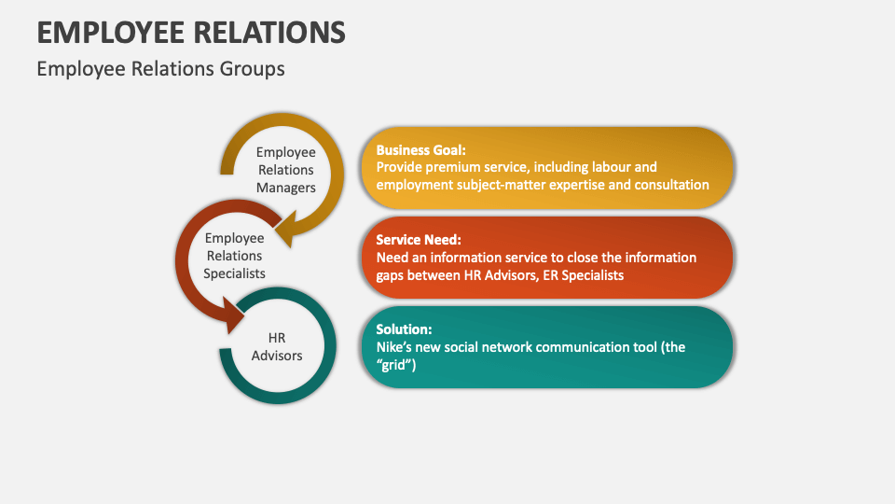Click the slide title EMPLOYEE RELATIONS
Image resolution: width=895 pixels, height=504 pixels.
tap(191, 32)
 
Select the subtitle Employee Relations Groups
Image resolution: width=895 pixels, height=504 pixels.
tap(160, 69)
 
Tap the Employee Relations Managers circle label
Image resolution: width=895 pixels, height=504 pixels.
tap(285, 170)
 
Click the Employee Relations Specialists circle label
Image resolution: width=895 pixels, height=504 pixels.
tap(234, 256)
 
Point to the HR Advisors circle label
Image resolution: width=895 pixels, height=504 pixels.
tap(277, 346)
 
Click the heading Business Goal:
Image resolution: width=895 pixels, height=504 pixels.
tap(420, 149)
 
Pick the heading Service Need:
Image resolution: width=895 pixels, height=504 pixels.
tap(419, 240)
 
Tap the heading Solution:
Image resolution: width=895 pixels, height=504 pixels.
tap(404, 329)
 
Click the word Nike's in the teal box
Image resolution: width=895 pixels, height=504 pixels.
tap(395, 347)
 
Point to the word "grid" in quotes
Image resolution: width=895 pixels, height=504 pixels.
tap(395, 365)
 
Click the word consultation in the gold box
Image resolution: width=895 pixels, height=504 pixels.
tap(668, 185)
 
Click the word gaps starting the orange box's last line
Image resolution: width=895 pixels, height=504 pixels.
tap(392, 275)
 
